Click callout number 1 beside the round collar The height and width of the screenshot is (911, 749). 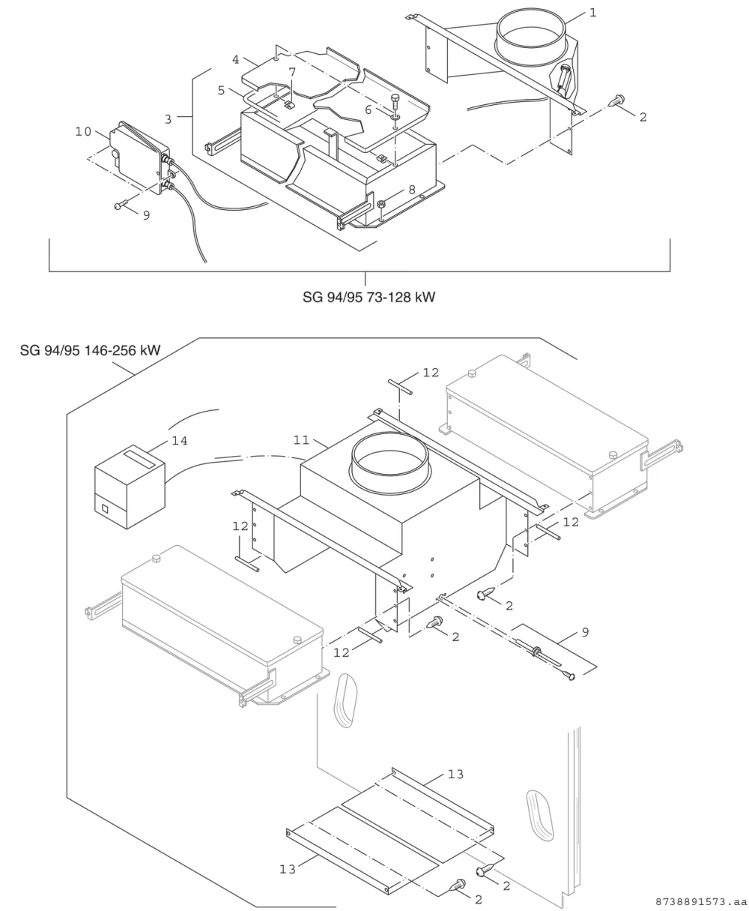tap(592, 13)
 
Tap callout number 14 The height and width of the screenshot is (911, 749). tap(180, 441)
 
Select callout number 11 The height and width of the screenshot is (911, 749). tap(302, 440)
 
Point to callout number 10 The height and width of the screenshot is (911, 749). tap(83, 131)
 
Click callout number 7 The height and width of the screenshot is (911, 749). tap(293, 72)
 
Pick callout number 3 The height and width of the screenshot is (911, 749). tap(169, 119)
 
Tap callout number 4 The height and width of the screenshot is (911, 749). tap(236, 60)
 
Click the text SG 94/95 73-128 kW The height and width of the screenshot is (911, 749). tap(369, 297)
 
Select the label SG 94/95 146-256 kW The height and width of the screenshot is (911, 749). tap(90, 350)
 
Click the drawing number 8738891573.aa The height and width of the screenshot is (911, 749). tap(700, 901)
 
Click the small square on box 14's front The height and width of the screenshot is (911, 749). tap(105, 509)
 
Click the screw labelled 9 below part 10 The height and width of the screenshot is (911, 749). tap(121, 204)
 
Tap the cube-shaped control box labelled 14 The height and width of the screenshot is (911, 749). tap(130, 487)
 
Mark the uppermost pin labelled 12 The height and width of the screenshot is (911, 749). tap(401, 387)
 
